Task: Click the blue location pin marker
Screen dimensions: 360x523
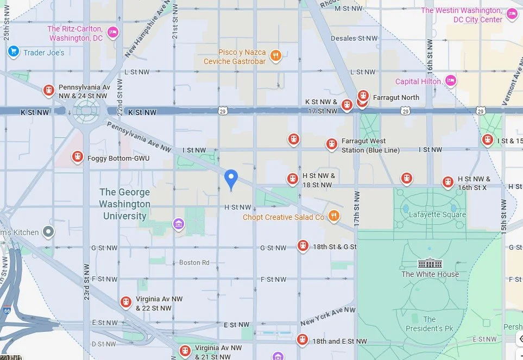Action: [x=231, y=178]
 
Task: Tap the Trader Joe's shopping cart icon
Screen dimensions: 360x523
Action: [x=14, y=52]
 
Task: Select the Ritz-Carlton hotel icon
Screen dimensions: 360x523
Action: [x=113, y=32]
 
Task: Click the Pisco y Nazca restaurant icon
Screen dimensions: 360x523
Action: [x=276, y=55]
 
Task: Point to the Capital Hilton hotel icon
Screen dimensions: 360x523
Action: [x=450, y=81]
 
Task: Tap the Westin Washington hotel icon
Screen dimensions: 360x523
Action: [x=512, y=14]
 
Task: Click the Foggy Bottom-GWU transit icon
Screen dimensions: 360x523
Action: [x=78, y=157]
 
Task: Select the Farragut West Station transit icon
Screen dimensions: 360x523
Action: [x=331, y=144]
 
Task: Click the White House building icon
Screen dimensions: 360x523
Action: [x=430, y=263]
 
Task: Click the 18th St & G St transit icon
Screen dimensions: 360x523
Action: [x=303, y=246]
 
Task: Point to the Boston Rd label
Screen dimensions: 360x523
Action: [x=194, y=262]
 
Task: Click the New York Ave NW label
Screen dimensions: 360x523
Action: [x=327, y=315]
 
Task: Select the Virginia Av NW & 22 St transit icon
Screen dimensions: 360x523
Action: [x=126, y=301]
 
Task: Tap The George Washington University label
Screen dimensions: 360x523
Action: [x=124, y=204]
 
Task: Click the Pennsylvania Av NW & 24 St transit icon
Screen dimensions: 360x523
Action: [x=49, y=90]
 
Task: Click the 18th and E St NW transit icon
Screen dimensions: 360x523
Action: [x=303, y=340]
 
